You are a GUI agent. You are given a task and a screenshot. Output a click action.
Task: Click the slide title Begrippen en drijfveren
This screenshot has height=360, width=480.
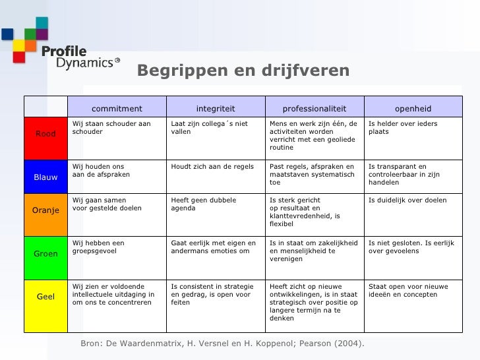click(243, 71)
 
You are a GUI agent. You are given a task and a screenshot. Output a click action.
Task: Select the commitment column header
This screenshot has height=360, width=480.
click(117, 109)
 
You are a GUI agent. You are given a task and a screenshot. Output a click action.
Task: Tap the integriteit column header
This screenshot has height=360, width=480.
click(216, 109)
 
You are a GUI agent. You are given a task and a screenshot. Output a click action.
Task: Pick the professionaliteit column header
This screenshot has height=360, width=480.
click(315, 109)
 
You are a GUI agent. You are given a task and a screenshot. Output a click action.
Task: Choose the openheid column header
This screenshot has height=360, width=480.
click(413, 109)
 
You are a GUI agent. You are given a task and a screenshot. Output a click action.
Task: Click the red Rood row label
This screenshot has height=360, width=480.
click(45, 134)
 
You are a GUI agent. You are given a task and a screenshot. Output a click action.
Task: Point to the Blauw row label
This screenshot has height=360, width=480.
click(45, 177)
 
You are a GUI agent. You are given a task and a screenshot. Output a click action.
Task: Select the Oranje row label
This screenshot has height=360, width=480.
click(45, 210)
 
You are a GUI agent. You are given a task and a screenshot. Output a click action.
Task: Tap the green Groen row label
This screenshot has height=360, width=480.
click(45, 253)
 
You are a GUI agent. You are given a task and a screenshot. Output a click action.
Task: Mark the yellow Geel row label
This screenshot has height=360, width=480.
click(45, 297)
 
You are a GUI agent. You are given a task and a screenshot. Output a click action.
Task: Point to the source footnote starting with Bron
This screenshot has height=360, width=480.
click(222, 344)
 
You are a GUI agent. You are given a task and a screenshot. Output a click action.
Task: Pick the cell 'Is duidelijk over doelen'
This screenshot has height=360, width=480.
click(407, 200)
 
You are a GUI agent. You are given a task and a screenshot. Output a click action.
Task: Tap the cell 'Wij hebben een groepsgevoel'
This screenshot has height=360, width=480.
click(98, 247)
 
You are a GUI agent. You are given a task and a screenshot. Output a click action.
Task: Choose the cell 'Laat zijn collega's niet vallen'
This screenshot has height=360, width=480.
click(209, 128)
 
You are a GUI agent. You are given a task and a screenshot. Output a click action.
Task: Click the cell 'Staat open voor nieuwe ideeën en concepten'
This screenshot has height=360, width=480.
click(408, 291)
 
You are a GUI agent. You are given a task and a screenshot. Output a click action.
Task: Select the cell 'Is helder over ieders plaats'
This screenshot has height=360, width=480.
click(403, 128)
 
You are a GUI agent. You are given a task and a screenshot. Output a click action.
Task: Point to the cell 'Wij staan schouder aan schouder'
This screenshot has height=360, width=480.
click(111, 128)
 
